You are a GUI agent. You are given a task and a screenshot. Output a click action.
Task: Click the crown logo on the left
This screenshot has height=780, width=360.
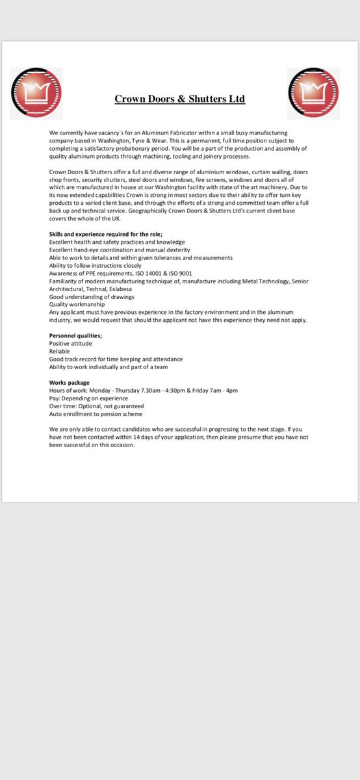(x=36, y=93)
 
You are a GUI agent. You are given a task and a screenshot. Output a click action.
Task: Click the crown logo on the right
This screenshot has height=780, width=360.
(x=314, y=93)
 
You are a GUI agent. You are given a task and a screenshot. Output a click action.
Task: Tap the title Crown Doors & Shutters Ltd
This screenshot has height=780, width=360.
(x=180, y=99)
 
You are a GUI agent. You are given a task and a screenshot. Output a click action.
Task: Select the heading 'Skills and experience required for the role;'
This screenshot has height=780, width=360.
(x=106, y=234)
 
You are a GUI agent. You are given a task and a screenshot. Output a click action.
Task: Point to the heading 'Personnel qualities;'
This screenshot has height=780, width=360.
(x=75, y=335)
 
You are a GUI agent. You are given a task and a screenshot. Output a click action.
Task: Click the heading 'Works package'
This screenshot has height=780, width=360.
(x=70, y=382)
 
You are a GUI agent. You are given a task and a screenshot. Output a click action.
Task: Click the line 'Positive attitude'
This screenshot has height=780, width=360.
(x=71, y=343)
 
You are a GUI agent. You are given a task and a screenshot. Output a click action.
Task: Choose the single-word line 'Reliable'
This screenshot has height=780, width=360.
(x=60, y=351)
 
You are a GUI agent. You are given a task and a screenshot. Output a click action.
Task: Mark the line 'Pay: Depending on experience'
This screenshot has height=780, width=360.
(x=88, y=398)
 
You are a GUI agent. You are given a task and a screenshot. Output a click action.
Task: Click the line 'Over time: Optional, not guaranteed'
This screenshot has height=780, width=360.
(x=97, y=406)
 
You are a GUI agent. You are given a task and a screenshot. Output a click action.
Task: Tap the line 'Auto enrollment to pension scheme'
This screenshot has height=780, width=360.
(x=96, y=413)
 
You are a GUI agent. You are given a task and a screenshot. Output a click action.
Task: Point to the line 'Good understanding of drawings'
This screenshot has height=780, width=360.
(x=92, y=296)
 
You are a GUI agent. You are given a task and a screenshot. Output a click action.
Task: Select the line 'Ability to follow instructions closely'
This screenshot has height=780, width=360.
(x=96, y=265)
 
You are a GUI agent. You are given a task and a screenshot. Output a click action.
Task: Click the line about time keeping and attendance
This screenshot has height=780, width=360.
(x=116, y=359)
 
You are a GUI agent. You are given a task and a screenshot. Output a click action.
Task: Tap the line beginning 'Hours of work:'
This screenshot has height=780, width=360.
(x=144, y=390)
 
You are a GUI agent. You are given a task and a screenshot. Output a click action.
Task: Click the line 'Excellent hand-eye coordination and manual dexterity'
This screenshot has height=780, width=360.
(x=120, y=250)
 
